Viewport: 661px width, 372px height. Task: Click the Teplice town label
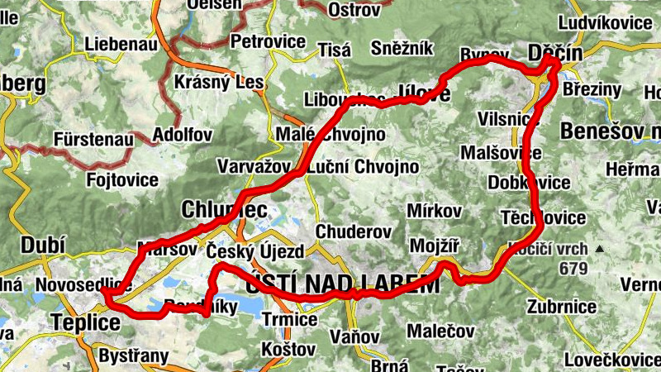coord(86,322)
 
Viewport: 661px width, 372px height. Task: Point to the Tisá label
coord(335,50)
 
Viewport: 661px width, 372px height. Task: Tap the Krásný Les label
coord(220,83)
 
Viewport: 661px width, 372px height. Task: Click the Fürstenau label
coord(93,140)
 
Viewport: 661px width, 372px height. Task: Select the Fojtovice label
coord(123,178)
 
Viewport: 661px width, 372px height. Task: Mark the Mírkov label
coord(434,211)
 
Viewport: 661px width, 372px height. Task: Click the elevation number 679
coord(573,269)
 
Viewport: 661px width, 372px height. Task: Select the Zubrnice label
coord(562,307)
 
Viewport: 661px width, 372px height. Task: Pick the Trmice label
coord(289,319)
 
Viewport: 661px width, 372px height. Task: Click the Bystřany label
coord(133,357)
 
